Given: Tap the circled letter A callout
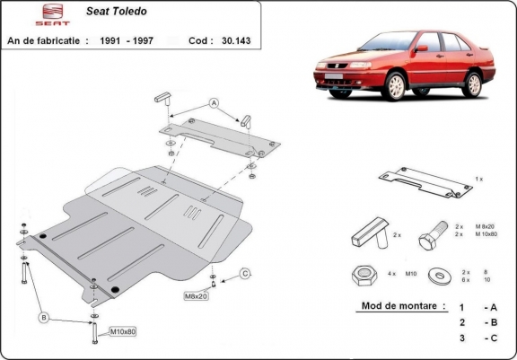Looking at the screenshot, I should tap(214, 103).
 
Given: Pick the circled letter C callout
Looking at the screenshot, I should tap(243, 273).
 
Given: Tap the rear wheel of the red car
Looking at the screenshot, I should tap(472, 83).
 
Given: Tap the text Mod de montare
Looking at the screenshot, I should tap(402, 305).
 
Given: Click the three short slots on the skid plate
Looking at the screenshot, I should tap(191, 213).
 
